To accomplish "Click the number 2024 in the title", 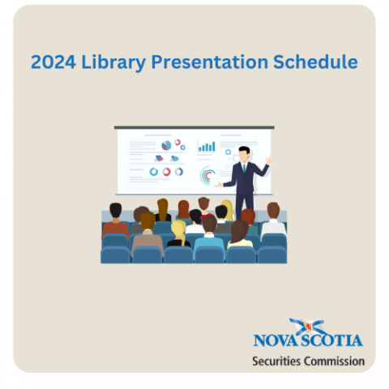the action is click(53, 62).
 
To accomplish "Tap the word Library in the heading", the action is click(113, 63).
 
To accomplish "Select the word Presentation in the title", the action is click(209, 62).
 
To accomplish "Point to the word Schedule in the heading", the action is click(315, 62).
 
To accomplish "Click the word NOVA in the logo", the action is click(276, 340).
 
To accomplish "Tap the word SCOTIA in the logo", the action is click(331, 340).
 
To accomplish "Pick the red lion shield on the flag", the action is click(308, 327).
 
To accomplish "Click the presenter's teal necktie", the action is click(244, 169).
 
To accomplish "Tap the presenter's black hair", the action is click(244, 149).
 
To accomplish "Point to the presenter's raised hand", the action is click(268, 160).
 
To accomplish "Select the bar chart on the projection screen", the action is click(207, 146).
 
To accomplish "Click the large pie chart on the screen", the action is click(166, 146).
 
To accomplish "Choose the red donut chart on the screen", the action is click(166, 172).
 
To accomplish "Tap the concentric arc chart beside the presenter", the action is click(207, 176).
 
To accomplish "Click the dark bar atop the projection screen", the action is click(194, 127).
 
